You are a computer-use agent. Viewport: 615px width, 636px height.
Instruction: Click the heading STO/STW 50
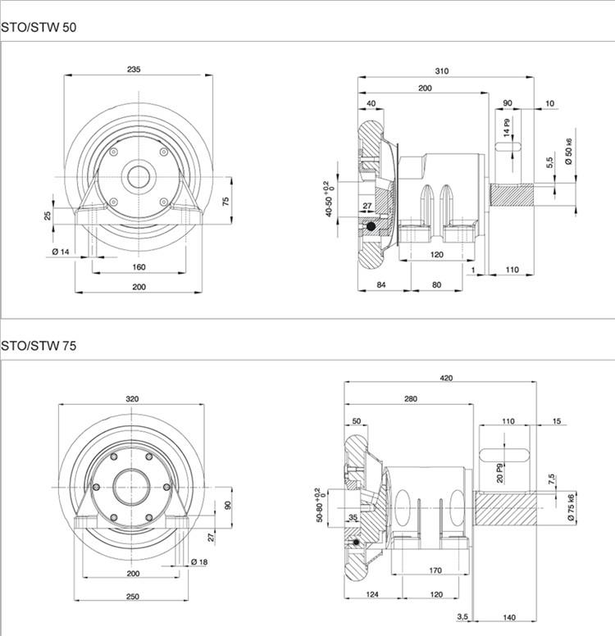(39, 27)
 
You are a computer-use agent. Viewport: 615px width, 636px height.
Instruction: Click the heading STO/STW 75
(39, 346)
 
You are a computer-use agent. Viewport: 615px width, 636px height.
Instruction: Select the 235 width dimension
(134, 70)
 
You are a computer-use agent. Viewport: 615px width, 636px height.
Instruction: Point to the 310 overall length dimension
(442, 71)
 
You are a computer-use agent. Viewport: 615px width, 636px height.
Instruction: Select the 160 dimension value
(138, 267)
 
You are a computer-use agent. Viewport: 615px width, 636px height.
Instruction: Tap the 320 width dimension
(132, 399)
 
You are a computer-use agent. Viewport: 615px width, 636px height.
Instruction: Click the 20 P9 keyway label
(499, 473)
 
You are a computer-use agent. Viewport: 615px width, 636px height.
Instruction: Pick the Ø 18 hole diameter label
(198, 561)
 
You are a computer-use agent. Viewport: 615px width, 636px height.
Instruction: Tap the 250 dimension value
(132, 597)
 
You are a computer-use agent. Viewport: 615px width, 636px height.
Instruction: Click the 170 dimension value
(435, 570)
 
